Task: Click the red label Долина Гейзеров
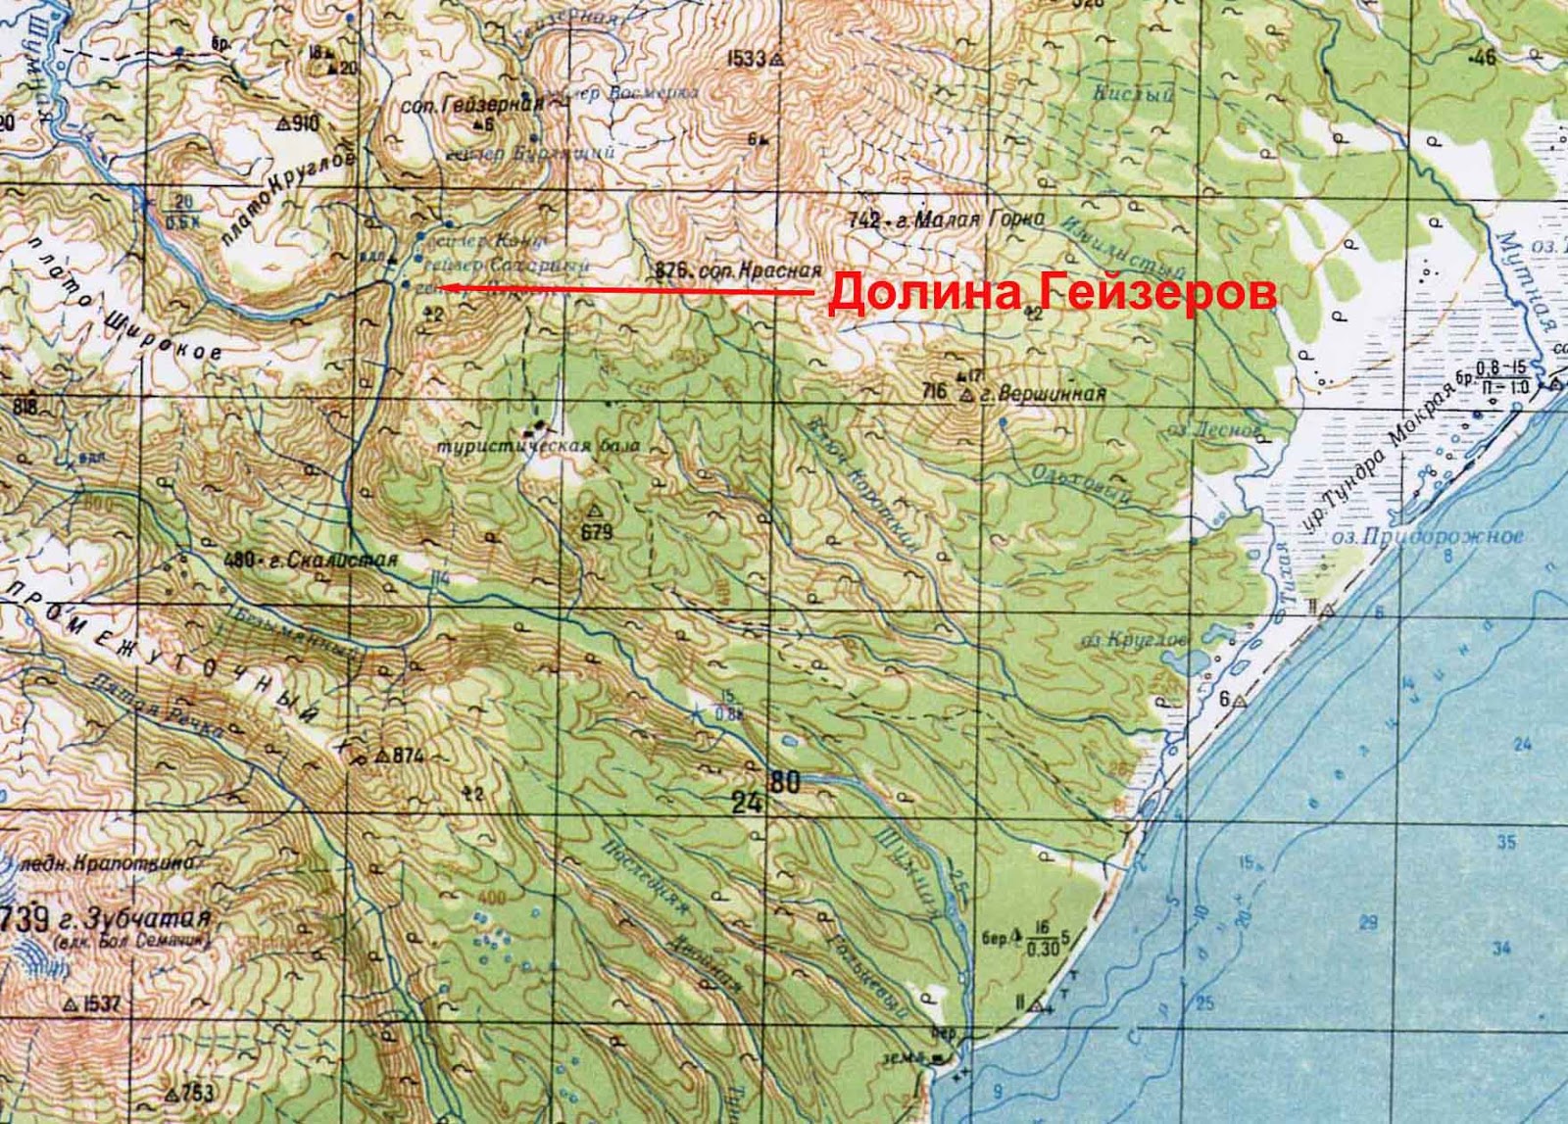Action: click(x=1052, y=294)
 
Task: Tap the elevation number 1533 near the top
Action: click(x=747, y=59)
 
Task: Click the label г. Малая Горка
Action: click(x=976, y=220)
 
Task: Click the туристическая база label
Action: click(x=539, y=447)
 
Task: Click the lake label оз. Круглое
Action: click(x=1135, y=640)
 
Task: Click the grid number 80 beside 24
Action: click(x=785, y=783)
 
